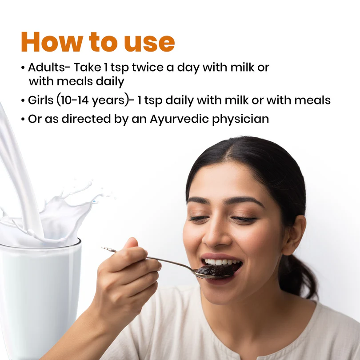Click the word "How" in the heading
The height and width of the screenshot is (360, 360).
[52, 42]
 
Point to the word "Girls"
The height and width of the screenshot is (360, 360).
[40, 100]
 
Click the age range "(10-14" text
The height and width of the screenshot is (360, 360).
[72, 100]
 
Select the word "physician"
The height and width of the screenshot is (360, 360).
[240, 120]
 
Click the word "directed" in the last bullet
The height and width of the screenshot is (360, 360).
[86, 119]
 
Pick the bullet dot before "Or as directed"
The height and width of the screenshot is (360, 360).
[23, 120]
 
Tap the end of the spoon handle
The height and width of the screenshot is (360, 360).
[103, 248]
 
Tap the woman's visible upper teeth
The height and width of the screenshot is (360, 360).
[220, 262]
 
